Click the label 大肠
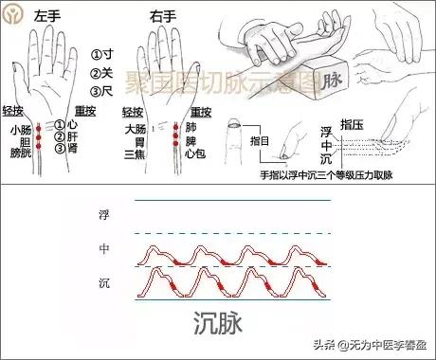pos(135,128)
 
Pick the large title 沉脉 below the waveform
pos(218,324)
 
